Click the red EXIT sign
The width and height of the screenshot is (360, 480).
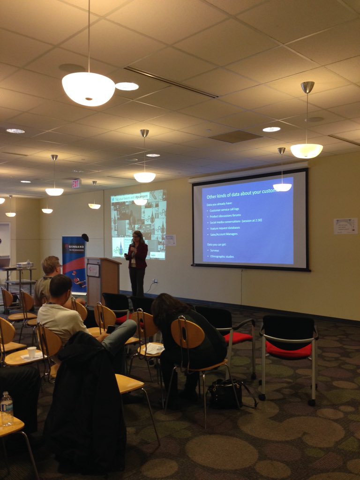click(76, 183)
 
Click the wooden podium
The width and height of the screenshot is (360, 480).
click(103, 279)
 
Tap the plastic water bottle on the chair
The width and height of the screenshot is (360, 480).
click(7, 408)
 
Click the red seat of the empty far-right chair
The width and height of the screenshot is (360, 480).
click(288, 349)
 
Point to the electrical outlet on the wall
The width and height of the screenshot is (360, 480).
click(156, 282)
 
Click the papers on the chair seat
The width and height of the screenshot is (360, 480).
click(152, 348)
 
